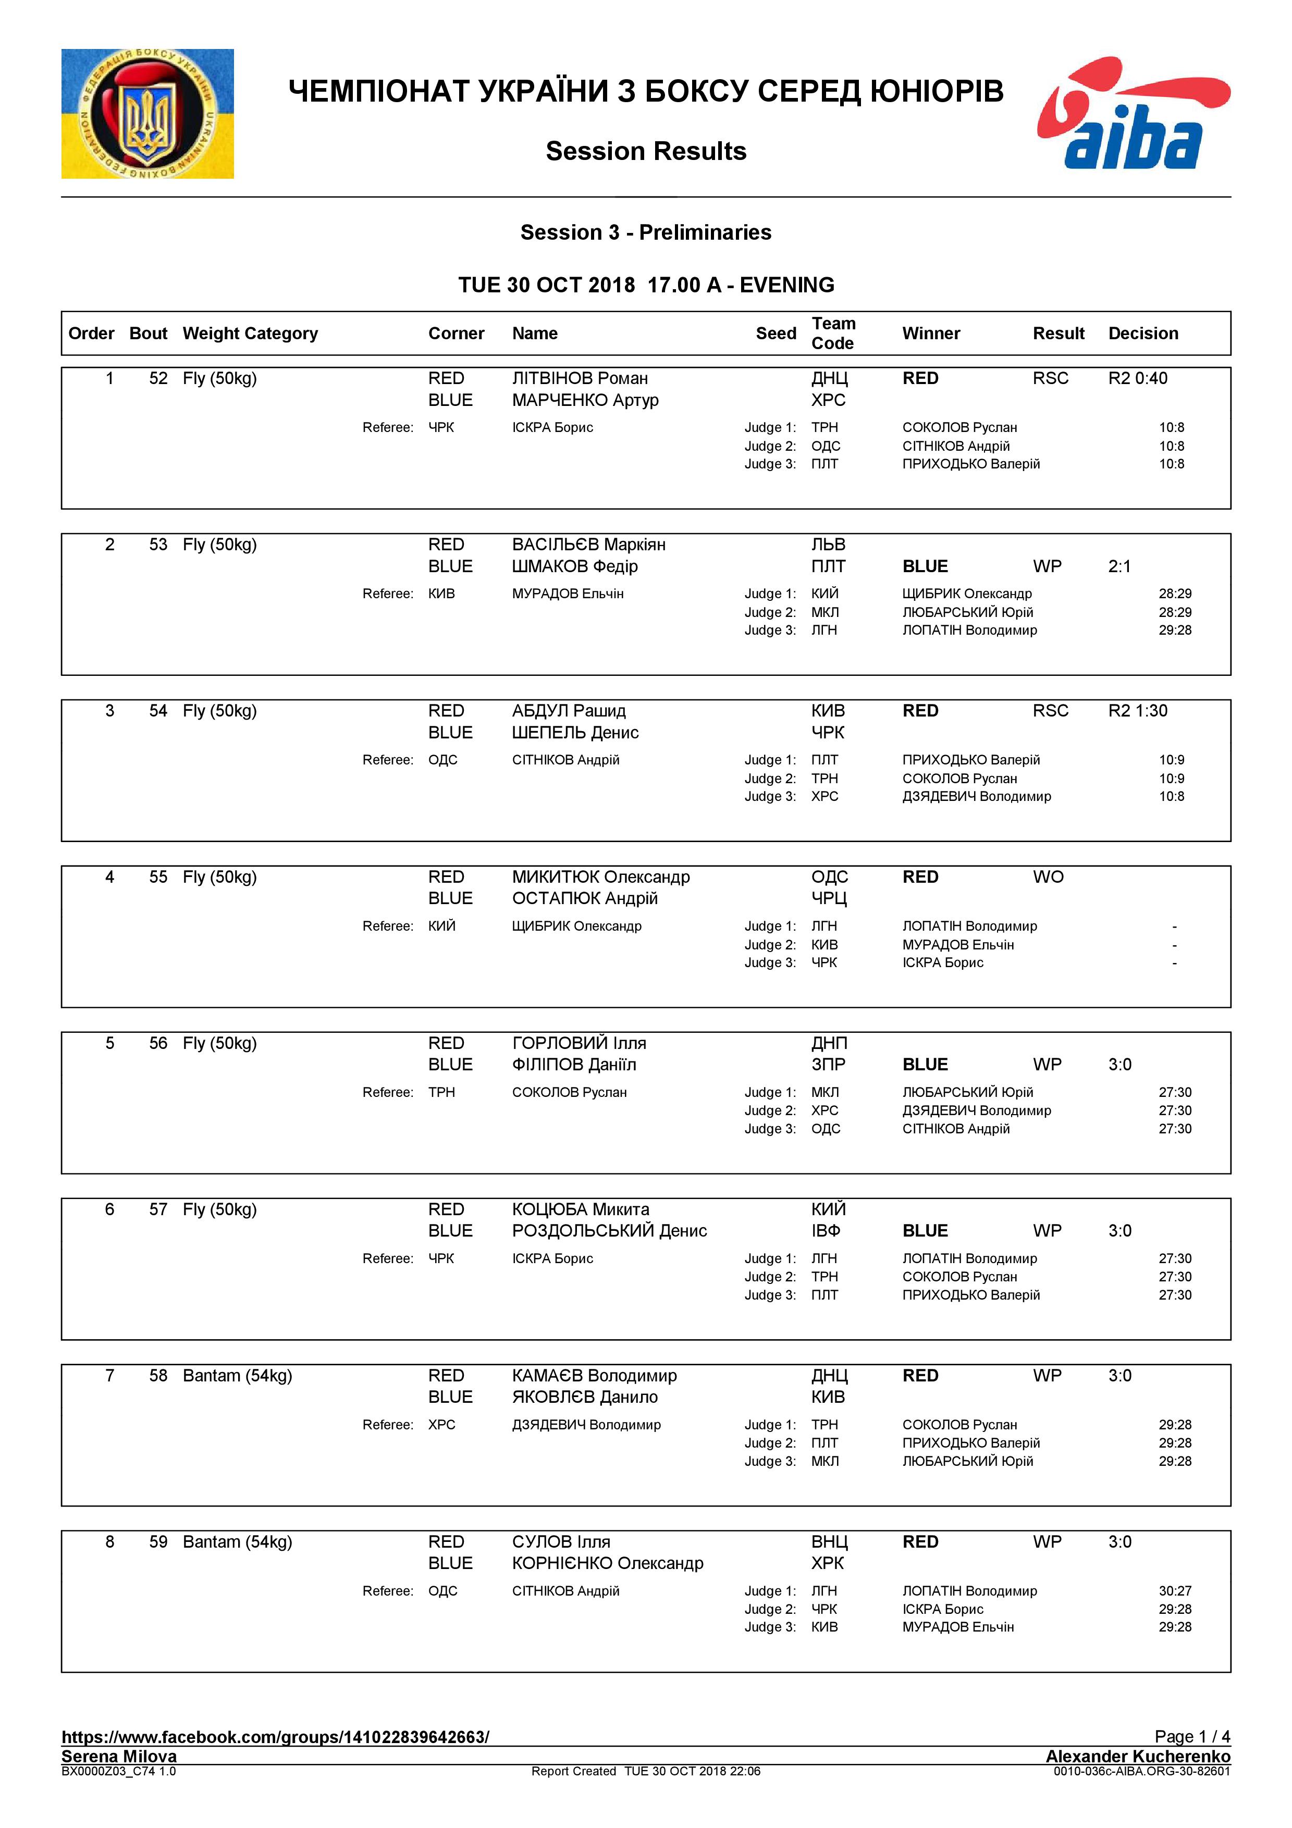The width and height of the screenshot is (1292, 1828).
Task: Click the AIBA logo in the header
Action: [1133, 113]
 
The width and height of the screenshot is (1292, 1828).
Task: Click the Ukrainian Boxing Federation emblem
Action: [147, 114]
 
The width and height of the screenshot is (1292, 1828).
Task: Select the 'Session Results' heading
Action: [646, 151]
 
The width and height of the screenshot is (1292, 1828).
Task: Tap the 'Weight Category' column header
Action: [250, 334]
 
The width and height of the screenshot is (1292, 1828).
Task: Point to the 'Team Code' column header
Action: [833, 334]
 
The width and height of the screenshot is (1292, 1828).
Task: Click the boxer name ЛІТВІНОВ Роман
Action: [580, 379]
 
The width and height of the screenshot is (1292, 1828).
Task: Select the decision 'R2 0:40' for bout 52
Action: [1138, 379]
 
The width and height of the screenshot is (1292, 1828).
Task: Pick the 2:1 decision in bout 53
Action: [1119, 567]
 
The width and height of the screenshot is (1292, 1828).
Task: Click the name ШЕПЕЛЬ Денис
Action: [575, 733]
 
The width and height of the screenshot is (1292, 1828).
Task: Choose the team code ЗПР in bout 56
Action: [828, 1065]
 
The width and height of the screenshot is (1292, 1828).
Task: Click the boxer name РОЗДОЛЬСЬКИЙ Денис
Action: [609, 1231]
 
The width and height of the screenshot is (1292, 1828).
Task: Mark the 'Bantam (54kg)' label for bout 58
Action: [237, 1376]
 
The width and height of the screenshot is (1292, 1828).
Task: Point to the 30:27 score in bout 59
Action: [1175, 1591]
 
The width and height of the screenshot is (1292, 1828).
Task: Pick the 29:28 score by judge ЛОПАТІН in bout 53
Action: [1175, 631]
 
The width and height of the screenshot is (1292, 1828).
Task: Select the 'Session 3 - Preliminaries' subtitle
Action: [646, 232]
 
